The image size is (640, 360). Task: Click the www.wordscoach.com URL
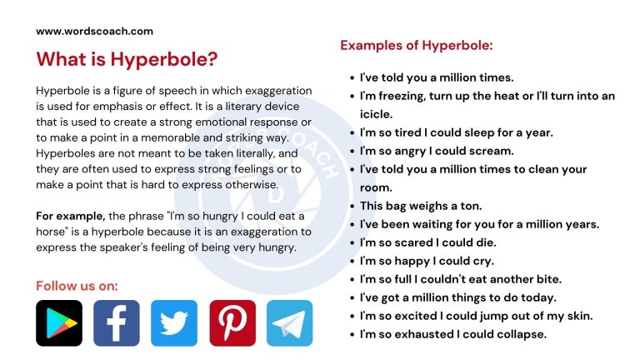pos(94,31)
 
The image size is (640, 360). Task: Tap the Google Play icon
pos(59,323)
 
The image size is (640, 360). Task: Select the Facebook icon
pos(117,323)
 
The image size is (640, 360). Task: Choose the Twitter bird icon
pos(174,323)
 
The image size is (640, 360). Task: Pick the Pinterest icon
pos(232,323)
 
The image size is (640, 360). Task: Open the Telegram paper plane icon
pos(290,323)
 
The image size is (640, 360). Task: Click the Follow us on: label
pos(77,286)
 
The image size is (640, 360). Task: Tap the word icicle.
pos(376,114)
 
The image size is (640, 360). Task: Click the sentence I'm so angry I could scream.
pos(437,151)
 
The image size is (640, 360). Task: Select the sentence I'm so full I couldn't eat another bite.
pos(460,279)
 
